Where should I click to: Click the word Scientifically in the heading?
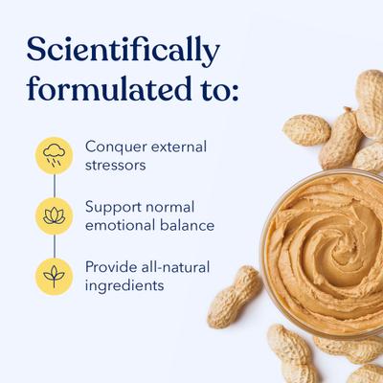123,49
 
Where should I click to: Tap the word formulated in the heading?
104,88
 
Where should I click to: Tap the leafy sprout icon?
55,276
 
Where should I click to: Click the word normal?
176,208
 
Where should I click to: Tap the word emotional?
123,226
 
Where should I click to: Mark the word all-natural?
176,267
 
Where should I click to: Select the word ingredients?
124,285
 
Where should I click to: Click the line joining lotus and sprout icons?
55,246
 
